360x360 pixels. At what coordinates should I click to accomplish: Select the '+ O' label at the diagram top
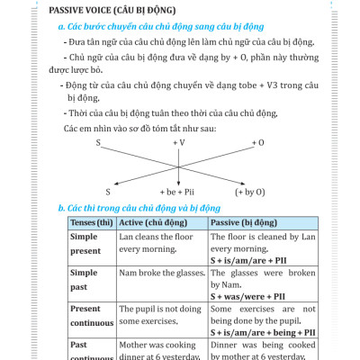(x=258, y=142)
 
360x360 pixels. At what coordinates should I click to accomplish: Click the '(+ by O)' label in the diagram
(x=249, y=192)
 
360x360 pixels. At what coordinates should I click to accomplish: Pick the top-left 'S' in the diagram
(x=97, y=142)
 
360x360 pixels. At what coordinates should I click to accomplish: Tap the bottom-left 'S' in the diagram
(x=107, y=192)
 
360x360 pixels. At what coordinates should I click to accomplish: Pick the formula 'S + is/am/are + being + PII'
(x=255, y=332)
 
